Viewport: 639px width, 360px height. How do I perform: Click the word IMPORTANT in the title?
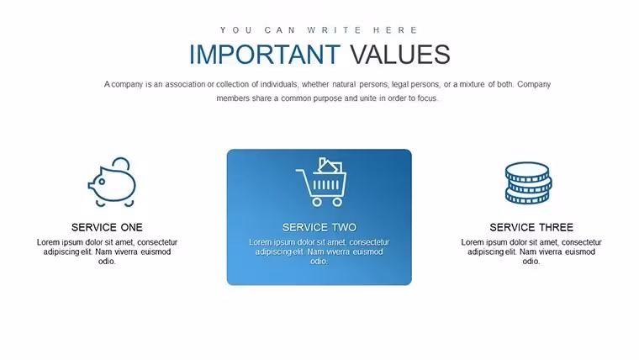point(265,54)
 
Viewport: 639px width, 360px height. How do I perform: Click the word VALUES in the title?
point(400,54)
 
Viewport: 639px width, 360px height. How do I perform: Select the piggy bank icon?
point(112,183)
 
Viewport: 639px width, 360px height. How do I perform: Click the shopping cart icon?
point(321,182)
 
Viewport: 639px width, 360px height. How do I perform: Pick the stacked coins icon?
point(528,183)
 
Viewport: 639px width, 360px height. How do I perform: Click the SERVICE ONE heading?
point(107,227)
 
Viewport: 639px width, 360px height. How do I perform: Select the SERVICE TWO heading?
point(319,227)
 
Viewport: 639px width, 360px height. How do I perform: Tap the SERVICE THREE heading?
point(531,227)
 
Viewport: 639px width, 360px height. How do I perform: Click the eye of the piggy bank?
point(102,182)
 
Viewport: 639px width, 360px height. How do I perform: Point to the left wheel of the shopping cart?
point(317,202)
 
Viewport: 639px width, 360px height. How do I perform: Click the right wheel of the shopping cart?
point(337,202)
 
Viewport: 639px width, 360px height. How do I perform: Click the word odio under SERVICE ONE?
point(107,262)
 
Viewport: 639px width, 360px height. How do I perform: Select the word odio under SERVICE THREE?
point(531,262)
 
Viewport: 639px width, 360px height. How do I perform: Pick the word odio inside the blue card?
point(319,262)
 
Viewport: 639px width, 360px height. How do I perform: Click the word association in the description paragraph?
point(185,84)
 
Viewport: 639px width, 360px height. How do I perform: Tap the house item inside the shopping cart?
point(330,166)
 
